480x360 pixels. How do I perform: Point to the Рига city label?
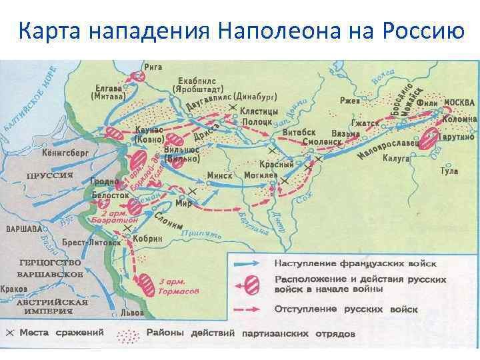point(162,68)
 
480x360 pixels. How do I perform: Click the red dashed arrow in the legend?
point(251,311)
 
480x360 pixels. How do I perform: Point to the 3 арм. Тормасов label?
point(177,285)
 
